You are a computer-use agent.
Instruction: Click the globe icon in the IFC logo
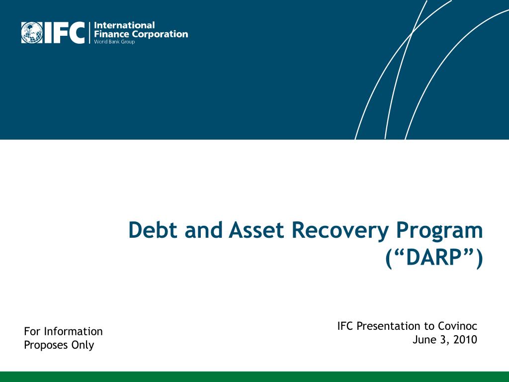click(x=32, y=32)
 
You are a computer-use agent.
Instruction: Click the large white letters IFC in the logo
click(x=65, y=32)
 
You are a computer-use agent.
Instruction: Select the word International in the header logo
click(x=124, y=25)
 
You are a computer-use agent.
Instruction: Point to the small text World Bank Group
click(x=114, y=42)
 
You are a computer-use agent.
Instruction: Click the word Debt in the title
click(x=153, y=230)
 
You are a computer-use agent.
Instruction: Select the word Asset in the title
click(x=256, y=230)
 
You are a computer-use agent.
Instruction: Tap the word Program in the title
click(x=439, y=232)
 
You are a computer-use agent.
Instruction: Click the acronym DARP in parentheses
click(x=434, y=258)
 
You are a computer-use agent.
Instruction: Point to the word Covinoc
click(x=457, y=326)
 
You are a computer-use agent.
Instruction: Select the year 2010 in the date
click(x=465, y=339)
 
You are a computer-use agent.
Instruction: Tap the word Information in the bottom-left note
click(x=74, y=331)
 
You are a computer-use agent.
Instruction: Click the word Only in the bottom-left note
click(x=83, y=346)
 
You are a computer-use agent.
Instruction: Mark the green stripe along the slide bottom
click(x=254, y=377)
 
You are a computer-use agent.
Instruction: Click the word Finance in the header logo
click(x=111, y=34)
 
